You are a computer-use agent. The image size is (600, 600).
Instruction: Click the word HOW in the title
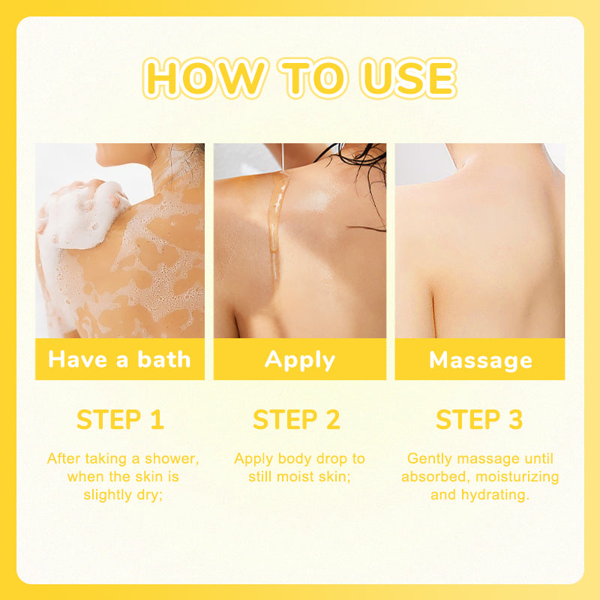coord(204,79)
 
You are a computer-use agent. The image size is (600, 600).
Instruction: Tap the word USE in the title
coord(408,79)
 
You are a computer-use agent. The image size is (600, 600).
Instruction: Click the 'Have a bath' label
coord(119,360)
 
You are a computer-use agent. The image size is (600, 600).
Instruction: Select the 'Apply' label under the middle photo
coord(300,361)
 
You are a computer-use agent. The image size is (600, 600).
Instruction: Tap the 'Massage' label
coord(481,361)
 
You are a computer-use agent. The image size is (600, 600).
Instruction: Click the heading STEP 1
coord(120,419)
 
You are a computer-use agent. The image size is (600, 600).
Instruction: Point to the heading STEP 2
coord(296,419)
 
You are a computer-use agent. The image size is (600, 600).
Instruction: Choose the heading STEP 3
coord(479,419)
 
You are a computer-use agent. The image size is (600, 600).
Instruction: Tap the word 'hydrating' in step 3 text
coord(495,495)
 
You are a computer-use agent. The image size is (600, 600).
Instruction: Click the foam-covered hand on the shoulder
coord(82,213)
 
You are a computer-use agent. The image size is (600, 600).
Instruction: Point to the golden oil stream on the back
coord(276,226)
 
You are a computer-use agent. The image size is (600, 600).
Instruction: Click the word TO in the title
coord(313,79)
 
